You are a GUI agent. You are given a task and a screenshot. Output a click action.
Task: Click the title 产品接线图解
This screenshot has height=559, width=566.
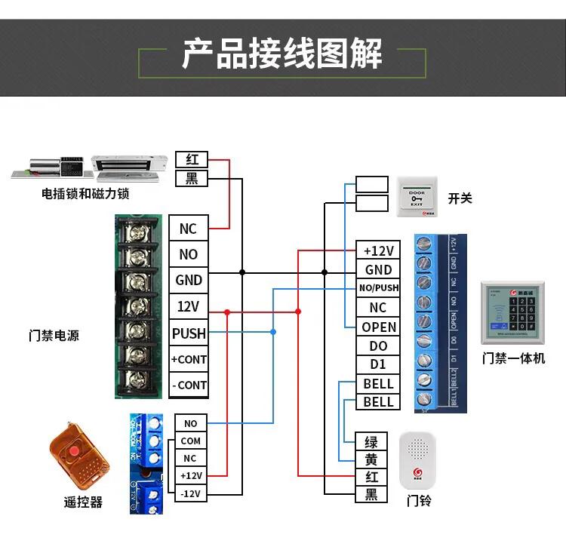[x=282, y=55]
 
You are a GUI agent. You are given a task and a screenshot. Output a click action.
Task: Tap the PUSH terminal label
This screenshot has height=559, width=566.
[x=189, y=333]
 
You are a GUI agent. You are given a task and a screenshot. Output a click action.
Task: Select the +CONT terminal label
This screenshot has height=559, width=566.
[x=189, y=359]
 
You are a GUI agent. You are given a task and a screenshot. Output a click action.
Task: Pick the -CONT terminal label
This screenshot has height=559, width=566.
[x=189, y=385]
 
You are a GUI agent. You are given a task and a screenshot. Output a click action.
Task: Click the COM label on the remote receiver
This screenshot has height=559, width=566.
[x=190, y=441]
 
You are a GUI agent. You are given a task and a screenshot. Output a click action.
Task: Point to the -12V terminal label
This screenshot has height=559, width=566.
[x=190, y=493]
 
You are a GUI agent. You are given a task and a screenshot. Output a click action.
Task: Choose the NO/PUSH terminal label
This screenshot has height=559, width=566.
[x=378, y=288]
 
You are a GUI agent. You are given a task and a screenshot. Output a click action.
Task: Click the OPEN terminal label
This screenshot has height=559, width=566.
[x=378, y=327]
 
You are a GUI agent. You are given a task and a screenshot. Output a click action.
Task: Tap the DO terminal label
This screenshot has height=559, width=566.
[x=378, y=346]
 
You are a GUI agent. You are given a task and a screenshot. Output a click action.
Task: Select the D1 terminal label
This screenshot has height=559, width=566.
[x=378, y=364]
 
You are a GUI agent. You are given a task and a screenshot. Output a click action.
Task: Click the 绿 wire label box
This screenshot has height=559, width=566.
[x=371, y=441]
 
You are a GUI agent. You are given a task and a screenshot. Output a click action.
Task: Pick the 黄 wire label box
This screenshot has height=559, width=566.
[x=371, y=459]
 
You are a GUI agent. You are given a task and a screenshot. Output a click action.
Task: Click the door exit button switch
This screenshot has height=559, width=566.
[x=417, y=198]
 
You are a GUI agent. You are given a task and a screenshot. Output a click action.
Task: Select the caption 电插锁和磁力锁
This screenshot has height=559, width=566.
[x=85, y=194]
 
